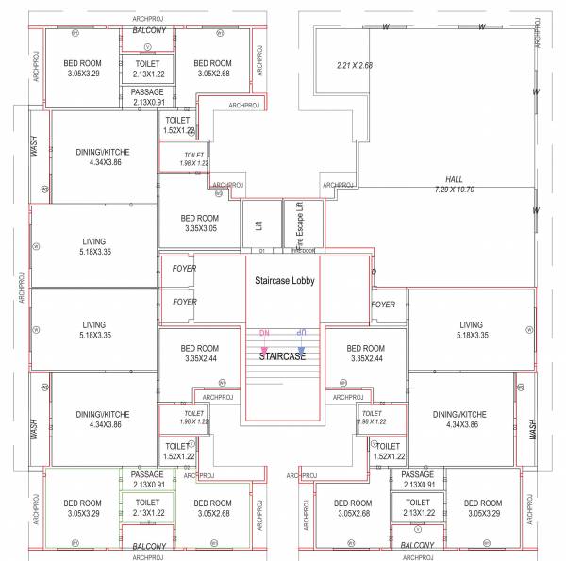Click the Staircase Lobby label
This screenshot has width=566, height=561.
tap(283, 281)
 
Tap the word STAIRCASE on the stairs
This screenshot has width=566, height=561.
tap(283, 356)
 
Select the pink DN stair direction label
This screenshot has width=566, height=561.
tap(265, 334)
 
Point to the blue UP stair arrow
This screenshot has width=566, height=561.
tap(301, 334)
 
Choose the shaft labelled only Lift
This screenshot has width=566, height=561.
tap(258, 225)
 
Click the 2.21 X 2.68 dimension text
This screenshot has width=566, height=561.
tap(355, 65)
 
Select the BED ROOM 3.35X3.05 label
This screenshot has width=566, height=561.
tap(200, 223)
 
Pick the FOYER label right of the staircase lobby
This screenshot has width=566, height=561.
tap(383, 305)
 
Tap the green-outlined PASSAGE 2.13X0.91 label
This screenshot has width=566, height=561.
tap(147, 479)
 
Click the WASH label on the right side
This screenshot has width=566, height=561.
tap(532, 429)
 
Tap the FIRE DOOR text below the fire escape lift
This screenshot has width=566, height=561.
tap(303, 251)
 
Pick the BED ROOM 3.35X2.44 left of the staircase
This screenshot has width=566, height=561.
tap(200, 353)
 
